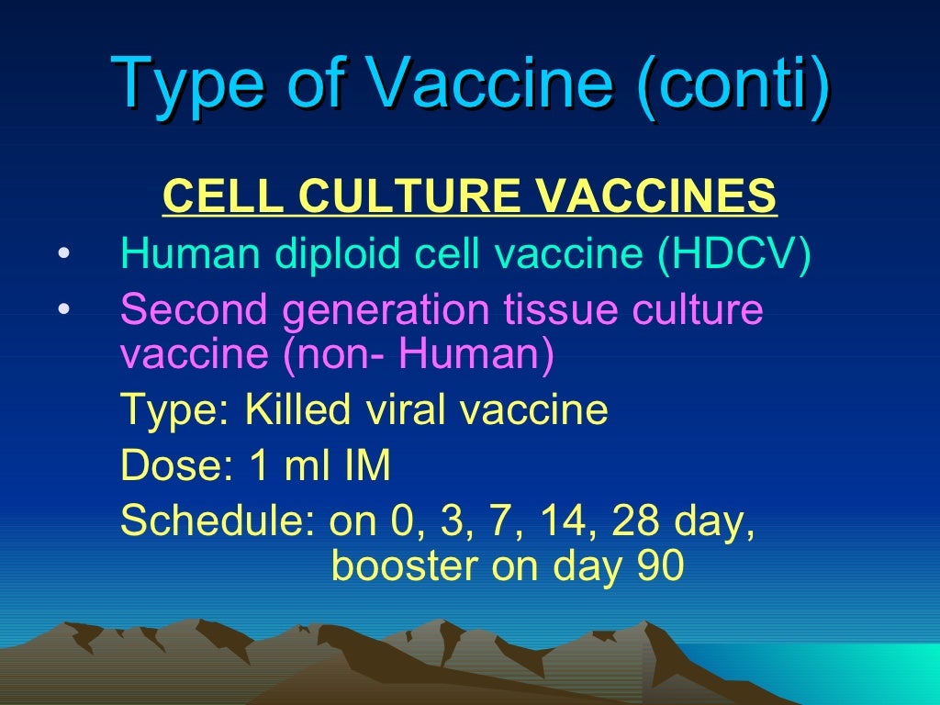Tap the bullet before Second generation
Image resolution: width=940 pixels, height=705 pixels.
(x=62, y=310)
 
